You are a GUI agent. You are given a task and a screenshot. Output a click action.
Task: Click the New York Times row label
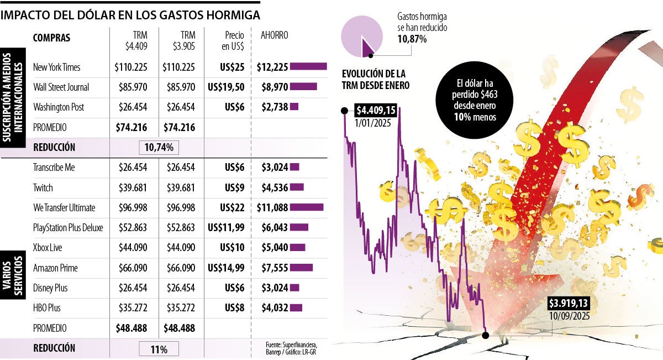click(x=56, y=67)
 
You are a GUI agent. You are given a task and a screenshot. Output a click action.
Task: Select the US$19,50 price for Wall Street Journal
click(x=225, y=87)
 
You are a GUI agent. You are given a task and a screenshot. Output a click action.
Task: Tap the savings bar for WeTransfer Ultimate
click(x=307, y=208)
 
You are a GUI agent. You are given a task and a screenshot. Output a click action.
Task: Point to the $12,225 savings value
click(x=272, y=67)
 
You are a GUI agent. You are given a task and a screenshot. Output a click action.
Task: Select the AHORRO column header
click(x=274, y=35)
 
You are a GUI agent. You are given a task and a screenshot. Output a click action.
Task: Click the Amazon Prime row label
click(x=55, y=268)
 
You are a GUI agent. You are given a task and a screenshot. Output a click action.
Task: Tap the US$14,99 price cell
click(x=225, y=268)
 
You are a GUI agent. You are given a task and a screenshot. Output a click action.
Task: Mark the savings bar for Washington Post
click(x=294, y=107)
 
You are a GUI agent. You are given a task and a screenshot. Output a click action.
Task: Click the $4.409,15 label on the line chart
click(x=375, y=109)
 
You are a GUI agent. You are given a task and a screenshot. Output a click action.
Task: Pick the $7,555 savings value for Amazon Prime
click(x=272, y=268)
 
